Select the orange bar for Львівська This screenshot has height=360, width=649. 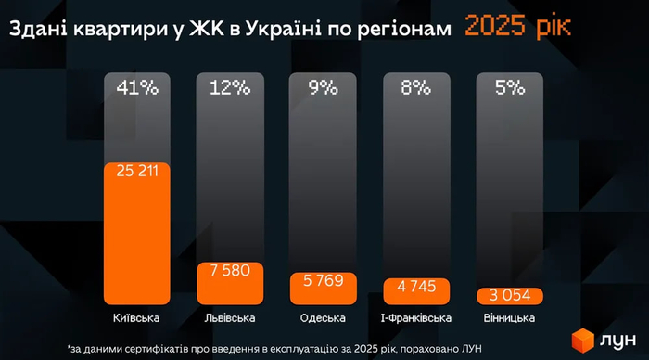pyautogui.click(x=230, y=282)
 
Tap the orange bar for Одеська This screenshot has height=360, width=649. pyautogui.click(x=323, y=286)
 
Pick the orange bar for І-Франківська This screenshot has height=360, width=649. pyautogui.click(x=415, y=289)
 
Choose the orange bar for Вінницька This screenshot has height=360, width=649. pyautogui.click(x=509, y=295)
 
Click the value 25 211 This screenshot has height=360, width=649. pyautogui.click(x=136, y=172)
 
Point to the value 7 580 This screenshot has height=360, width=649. pyautogui.click(x=230, y=270)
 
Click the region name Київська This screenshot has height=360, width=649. pyautogui.click(x=136, y=319)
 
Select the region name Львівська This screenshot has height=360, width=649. pyautogui.click(x=230, y=319)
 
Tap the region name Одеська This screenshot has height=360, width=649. pyautogui.click(x=323, y=319)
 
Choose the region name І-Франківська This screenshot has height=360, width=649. pyautogui.click(x=415, y=319)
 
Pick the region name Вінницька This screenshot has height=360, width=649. pyautogui.click(x=509, y=319)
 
